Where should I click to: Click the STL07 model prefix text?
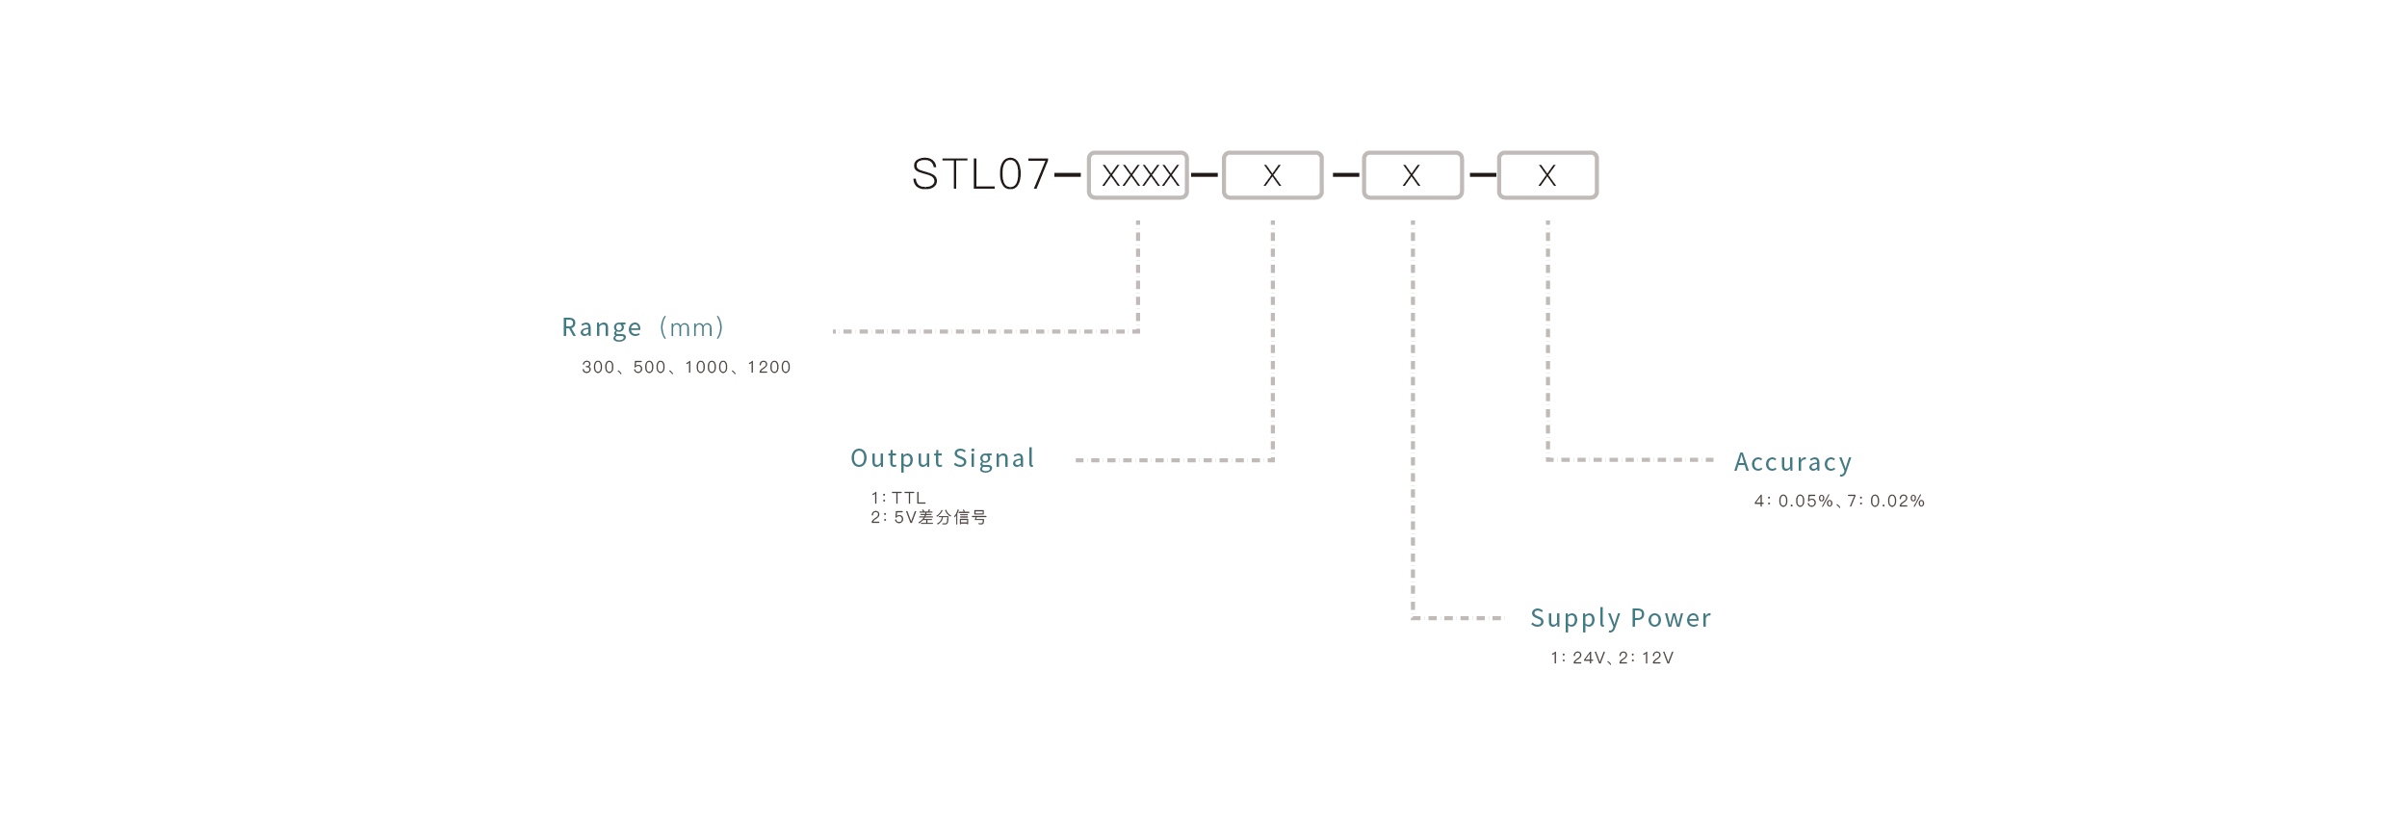[980, 175]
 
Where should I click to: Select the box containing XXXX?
[1138, 175]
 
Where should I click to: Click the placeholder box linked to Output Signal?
[1272, 175]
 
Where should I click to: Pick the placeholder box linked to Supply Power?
[1412, 175]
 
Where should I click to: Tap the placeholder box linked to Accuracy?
[1547, 175]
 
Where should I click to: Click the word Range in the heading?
[601, 328]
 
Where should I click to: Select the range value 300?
[597, 368]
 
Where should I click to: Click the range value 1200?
[768, 368]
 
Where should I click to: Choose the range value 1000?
[706, 368]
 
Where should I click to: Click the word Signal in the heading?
[994, 459]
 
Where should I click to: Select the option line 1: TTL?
[897, 498]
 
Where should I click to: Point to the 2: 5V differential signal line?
[928, 518]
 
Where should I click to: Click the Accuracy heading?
[1792, 463]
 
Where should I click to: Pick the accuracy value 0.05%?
[1805, 502]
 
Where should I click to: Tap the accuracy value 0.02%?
[1897, 502]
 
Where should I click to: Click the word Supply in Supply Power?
[1575, 619]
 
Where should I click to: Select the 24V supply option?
[1589, 659]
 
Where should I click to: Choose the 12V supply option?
[1657, 659]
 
